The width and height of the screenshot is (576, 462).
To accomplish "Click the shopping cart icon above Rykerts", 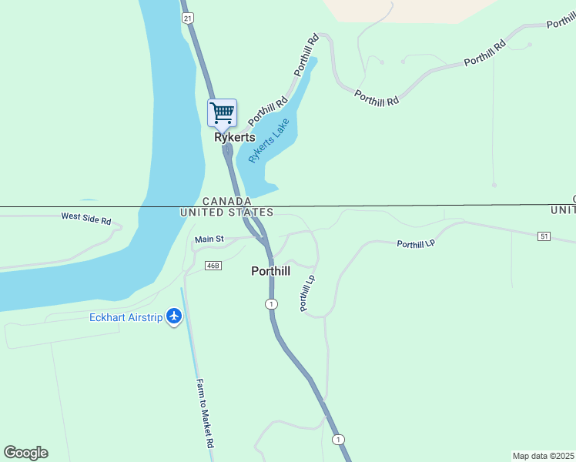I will click(x=222, y=113).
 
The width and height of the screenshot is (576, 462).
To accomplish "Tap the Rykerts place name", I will click(x=234, y=138).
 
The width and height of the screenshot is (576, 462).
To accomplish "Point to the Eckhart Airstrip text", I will click(x=126, y=317).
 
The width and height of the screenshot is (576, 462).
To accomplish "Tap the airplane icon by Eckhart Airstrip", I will click(x=175, y=316).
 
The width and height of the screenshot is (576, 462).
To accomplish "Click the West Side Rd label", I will click(x=86, y=219).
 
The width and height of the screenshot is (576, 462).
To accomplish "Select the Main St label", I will click(x=209, y=239).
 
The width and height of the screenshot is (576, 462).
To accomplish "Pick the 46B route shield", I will click(x=213, y=266).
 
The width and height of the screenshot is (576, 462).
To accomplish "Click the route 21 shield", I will click(x=186, y=16).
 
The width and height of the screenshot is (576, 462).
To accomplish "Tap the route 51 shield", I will click(x=544, y=236).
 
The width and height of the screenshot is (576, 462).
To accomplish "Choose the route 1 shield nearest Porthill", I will click(x=271, y=304).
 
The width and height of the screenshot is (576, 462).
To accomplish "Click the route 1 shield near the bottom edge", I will click(x=337, y=439).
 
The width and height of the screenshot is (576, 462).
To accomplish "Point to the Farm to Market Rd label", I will click(x=204, y=413).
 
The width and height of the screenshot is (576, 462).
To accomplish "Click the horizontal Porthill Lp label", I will click(x=416, y=244).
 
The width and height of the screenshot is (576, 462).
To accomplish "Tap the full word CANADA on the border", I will click(x=227, y=201).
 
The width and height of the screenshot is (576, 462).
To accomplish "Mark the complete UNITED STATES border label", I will click(x=226, y=212).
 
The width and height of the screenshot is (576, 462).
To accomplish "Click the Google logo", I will click(x=25, y=453).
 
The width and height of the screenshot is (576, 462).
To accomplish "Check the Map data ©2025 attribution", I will click(x=543, y=456).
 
